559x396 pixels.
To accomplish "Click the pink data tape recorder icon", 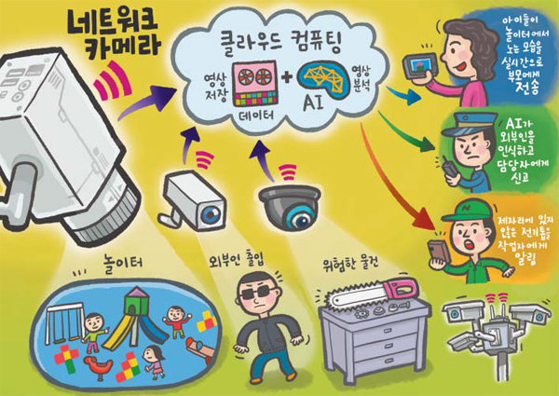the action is [254, 83].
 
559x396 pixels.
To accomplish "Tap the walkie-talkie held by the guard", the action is [450, 167].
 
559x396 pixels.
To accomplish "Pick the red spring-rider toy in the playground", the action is [98, 366].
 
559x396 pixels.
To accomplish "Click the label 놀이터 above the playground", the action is [122, 262].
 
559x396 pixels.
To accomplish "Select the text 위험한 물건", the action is [350, 264].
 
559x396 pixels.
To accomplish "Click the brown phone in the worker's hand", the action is [439, 253].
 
